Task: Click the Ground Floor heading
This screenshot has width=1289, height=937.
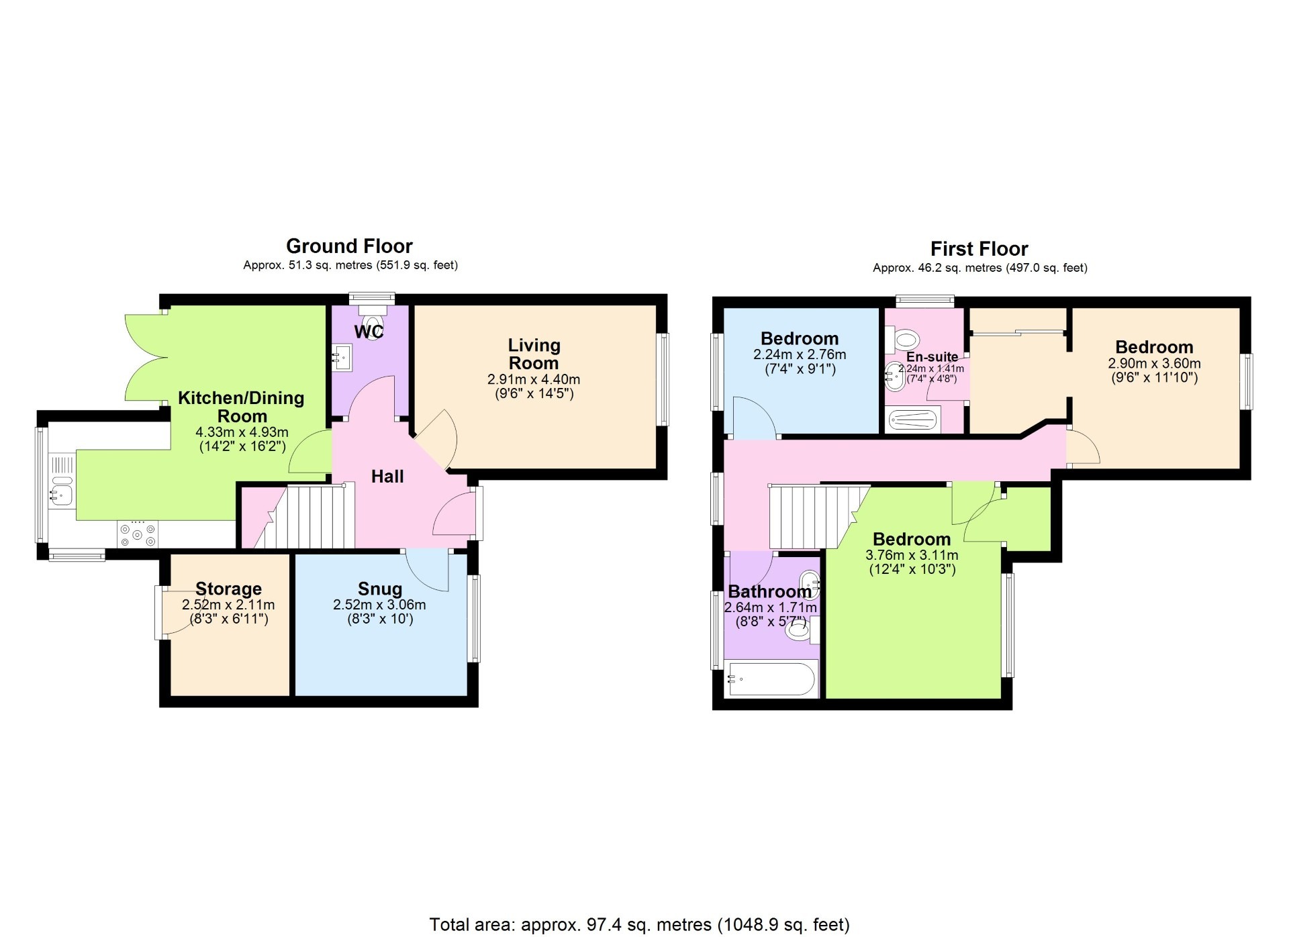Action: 349,246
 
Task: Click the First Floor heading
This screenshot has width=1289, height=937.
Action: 980,249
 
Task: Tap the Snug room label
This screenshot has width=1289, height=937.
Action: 380,589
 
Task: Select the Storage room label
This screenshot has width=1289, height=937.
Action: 228,589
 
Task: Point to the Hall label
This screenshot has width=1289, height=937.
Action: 387,477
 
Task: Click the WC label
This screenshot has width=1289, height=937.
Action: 369,332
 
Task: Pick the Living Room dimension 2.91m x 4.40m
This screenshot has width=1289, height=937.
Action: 534,379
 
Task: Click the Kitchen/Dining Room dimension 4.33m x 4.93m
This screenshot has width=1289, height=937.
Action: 242,432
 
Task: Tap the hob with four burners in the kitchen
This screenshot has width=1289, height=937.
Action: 138,535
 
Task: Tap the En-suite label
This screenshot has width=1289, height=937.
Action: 932,357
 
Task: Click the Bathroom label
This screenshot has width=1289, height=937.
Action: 769,591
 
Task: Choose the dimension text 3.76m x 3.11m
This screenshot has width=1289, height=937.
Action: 912,555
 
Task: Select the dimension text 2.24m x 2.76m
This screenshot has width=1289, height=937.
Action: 800,354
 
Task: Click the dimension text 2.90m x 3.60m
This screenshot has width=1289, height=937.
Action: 1154,363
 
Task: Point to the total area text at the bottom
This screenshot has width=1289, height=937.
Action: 639,924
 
